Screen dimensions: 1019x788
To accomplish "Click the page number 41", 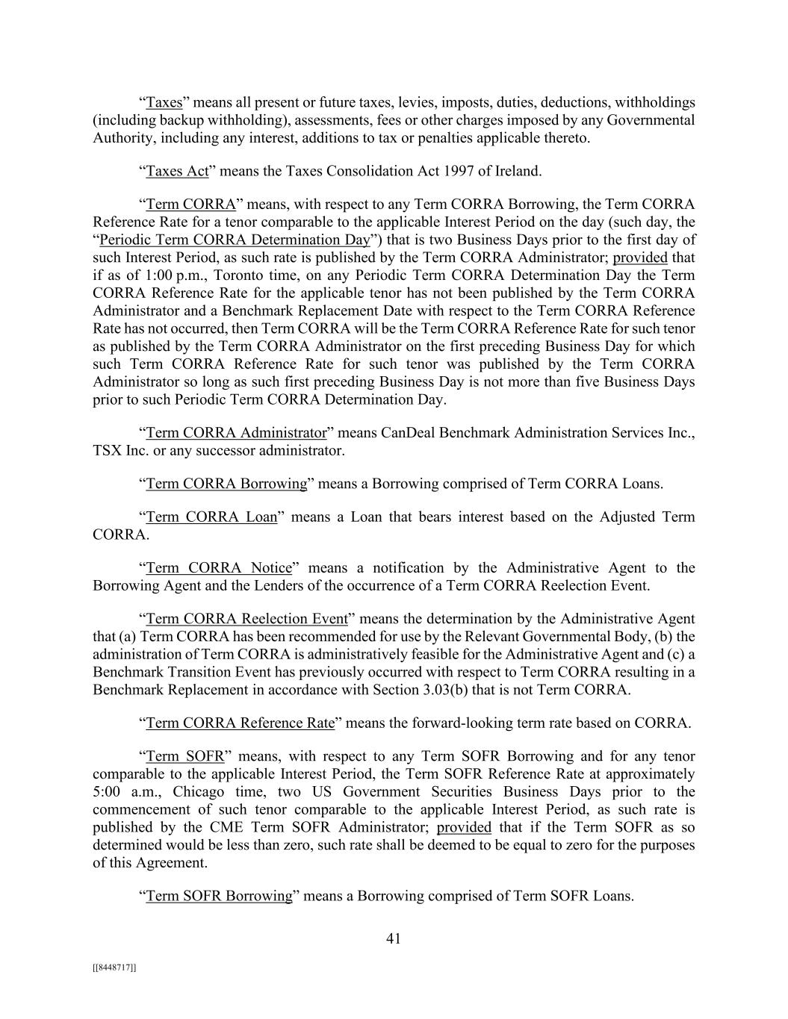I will (x=394, y=938).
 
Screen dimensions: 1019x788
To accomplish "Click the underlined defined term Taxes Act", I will (x=177, y=171).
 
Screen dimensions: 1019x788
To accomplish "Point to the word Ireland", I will (x=518, y=171).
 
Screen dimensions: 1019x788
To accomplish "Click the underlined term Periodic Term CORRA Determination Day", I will (x=235, y=240).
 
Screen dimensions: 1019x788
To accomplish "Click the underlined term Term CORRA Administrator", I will (x=236, y=433).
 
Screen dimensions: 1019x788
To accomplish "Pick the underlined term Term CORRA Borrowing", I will (x=226, y=484).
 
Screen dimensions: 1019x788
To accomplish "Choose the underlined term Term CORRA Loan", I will (x=211, y=517).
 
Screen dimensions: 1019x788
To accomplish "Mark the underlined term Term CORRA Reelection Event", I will (x=246, y=619).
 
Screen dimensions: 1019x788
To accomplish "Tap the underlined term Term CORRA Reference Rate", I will (x=240, y=723).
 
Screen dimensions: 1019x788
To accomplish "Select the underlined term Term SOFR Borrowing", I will (x=219, y=896).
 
